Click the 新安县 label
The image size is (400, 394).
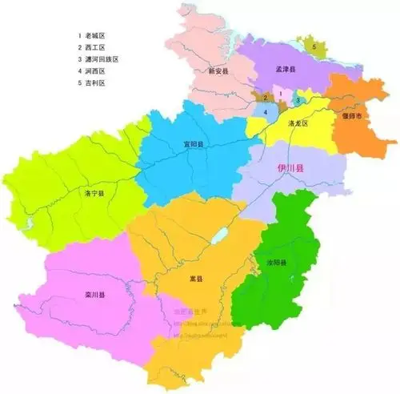click(x=218, y=71)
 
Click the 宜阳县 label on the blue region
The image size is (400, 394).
click(x=193, y=145)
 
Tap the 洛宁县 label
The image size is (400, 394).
click(x=94, y=193)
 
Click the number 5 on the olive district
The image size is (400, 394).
click(x=314, y=47)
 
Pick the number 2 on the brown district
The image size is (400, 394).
click(x=264, y=98)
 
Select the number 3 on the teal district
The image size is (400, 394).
click(x=297, y=100)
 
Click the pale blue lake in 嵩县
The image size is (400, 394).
click(x=218, y=237)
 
